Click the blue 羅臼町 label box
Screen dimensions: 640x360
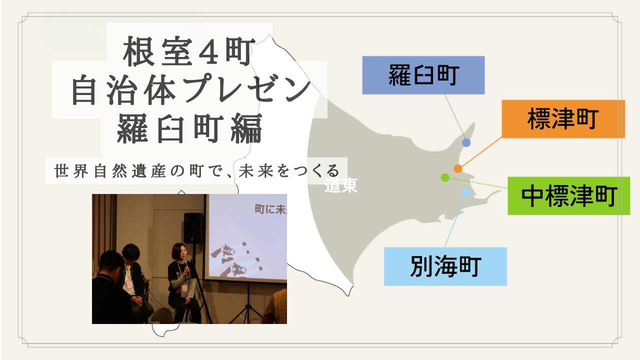pyautogui.click(x=423, y=75)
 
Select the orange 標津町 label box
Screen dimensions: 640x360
pyautogui.click(x=563, y=119)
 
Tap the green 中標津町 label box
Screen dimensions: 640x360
pyautogui.click(x=568, y=195)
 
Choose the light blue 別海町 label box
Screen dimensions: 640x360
pyautogui.click(x=445, y=266)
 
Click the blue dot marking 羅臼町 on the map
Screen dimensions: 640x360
pyautogui.click(x=466, y=142)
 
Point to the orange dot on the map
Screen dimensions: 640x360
pyautogui.click(x=458, y=168)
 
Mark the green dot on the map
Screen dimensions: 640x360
pyautogui.click(x=445, y=177)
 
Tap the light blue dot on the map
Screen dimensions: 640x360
pyautogui.click(x=465, y=192)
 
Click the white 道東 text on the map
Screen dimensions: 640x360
pyautogui.click(x=341, y=185)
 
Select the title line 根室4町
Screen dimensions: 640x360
pyautogui.click(x=189, y=51)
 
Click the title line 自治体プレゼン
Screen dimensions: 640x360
pyautogui.click(x=191, y=89)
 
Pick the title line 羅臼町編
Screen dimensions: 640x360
pyautogui.click(x=189, y=128)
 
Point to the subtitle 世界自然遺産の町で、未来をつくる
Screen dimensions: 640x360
pyautogui.click(x=197, y=171)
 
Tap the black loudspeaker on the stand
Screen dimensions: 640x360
pyautogui.click(x=193, y=228)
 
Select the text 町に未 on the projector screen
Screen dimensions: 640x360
pyautogui.click(x=270, y=209)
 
